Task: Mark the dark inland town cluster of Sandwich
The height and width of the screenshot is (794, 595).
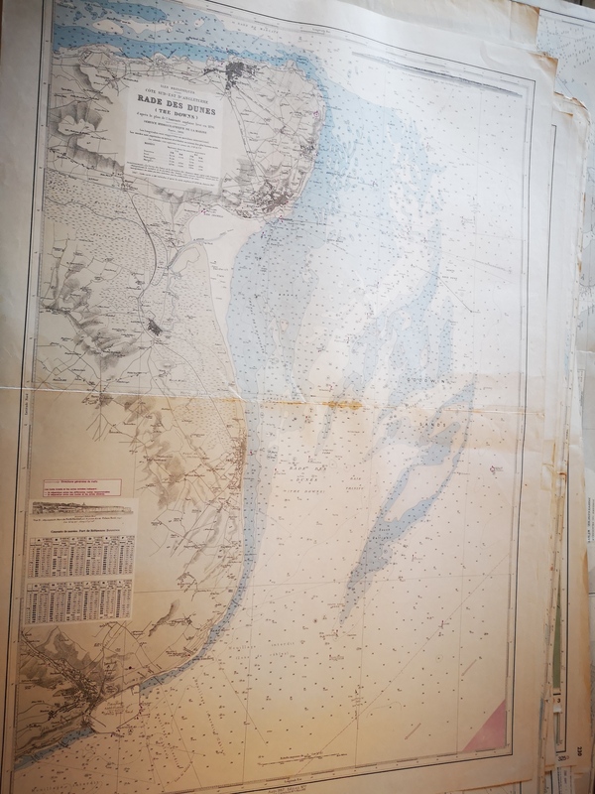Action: point(157,326)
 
